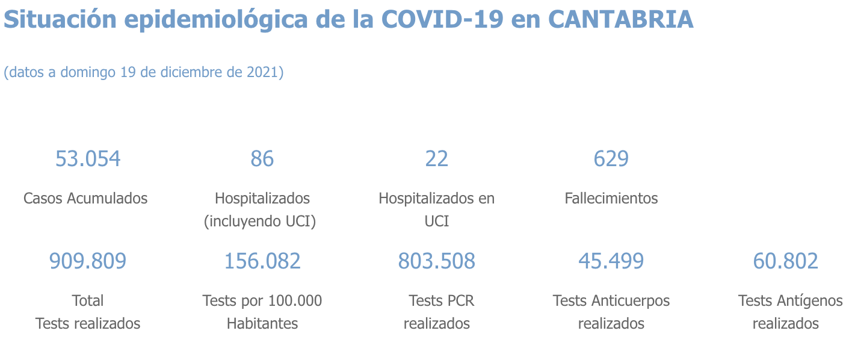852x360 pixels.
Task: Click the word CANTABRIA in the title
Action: point(621,20)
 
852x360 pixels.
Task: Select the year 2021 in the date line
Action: point(262,72)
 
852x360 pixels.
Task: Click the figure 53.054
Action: point(88,159)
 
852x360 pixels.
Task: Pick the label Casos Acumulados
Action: point(85,198)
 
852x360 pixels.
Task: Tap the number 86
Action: point(262,159)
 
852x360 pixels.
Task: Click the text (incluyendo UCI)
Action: point(260,222)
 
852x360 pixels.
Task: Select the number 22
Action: point(437,159)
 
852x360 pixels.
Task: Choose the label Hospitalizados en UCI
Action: point(436,209)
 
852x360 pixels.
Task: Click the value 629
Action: point(611,159)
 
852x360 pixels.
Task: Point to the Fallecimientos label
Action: point(611,198)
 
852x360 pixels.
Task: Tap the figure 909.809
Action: point(88,261)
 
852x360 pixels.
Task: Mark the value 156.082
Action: point(262,261)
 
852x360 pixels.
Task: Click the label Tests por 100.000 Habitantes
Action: point(262,311)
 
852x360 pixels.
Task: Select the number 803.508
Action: point(437,261)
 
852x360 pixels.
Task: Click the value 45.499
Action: point(611,261)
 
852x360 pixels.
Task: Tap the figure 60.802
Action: point(786,261)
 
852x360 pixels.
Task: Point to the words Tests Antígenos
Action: point(791,300)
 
